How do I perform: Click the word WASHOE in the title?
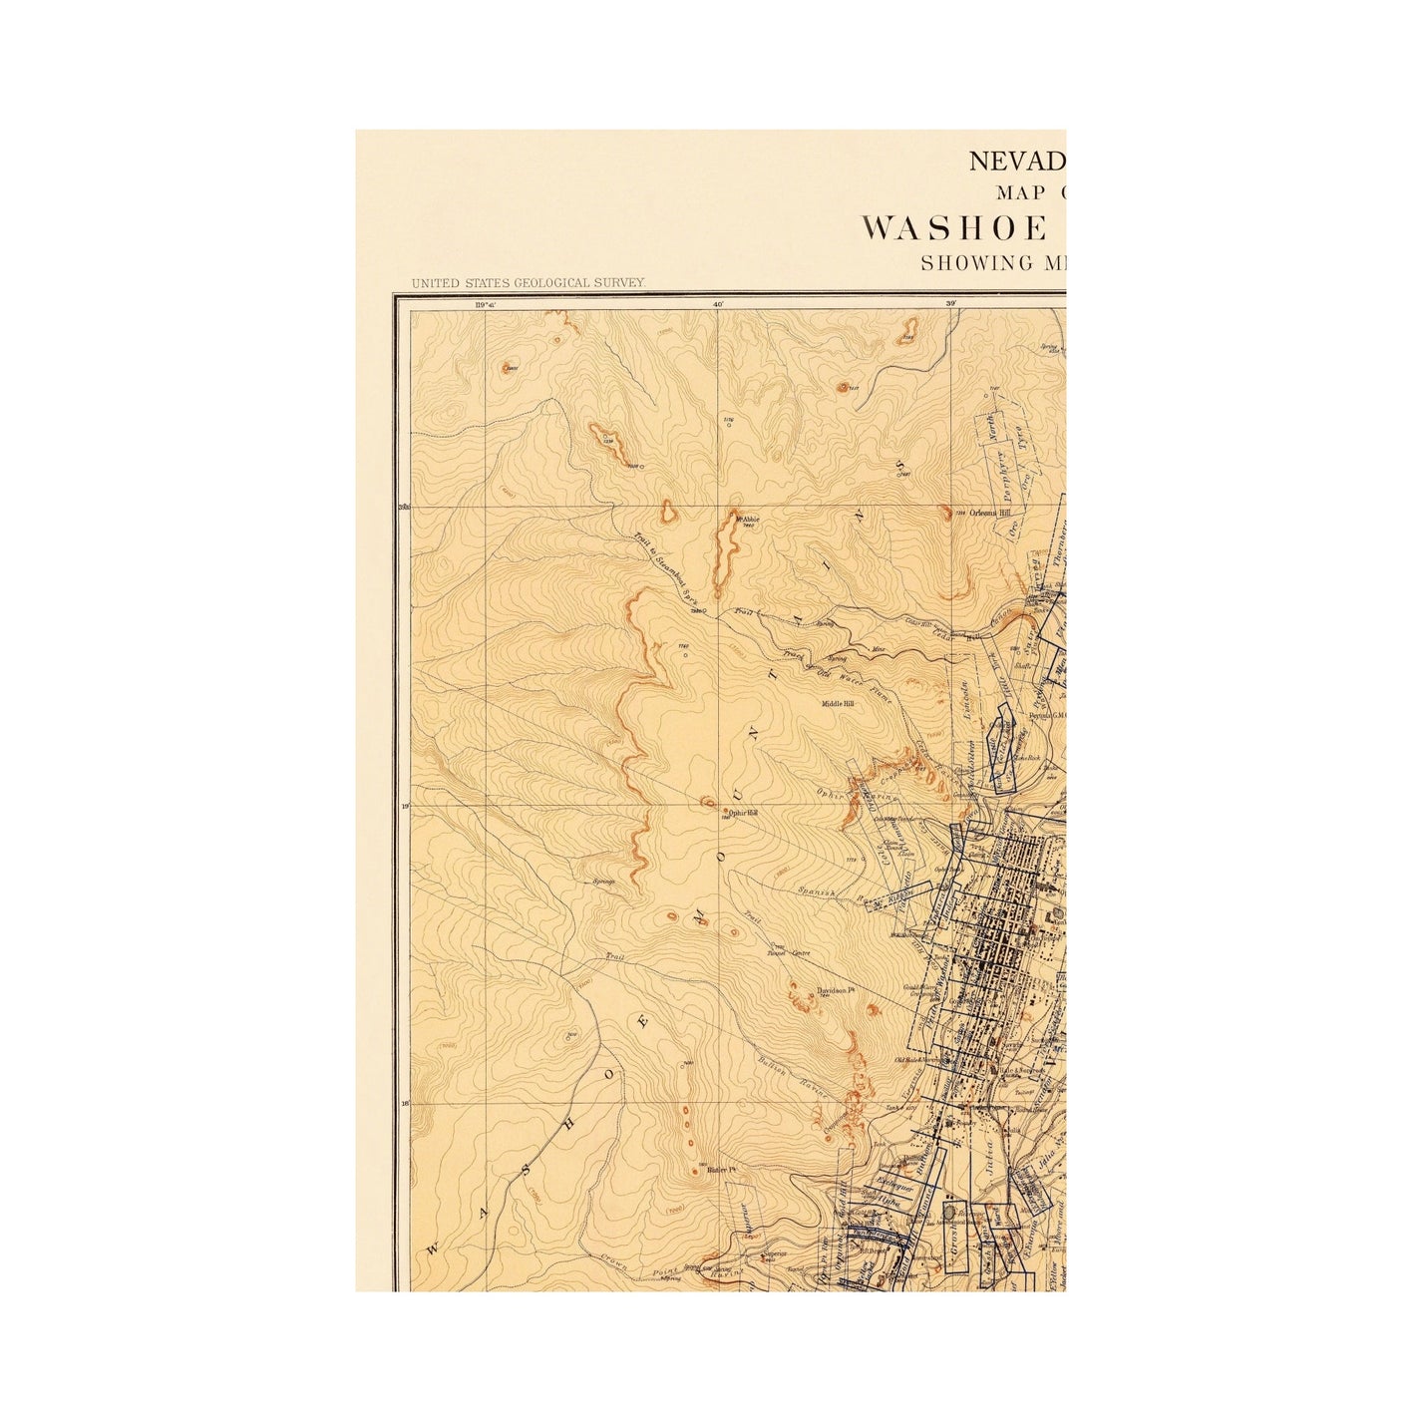point(955,228)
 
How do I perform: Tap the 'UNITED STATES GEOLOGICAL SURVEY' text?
point(529,284)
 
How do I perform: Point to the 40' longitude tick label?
point(717,302)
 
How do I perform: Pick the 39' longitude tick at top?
point(950,302)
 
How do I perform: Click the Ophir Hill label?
point(743,813)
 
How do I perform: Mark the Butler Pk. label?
point(720,1170)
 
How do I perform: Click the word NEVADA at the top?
point(1017,161)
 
